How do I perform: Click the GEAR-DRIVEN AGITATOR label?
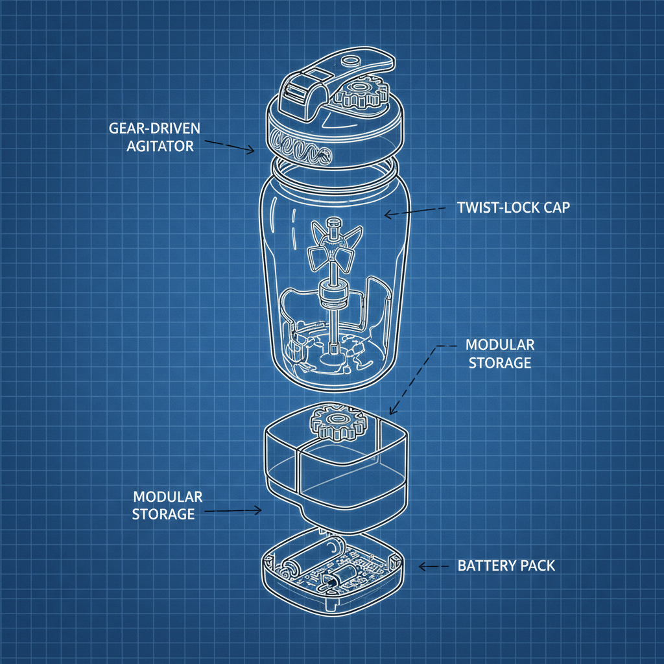(154, 136)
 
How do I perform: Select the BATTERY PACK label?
(506, 565)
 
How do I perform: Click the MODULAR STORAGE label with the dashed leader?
(500, 353)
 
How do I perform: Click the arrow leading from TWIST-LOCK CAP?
(415, 211)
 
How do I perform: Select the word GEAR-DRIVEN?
(154, 128)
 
